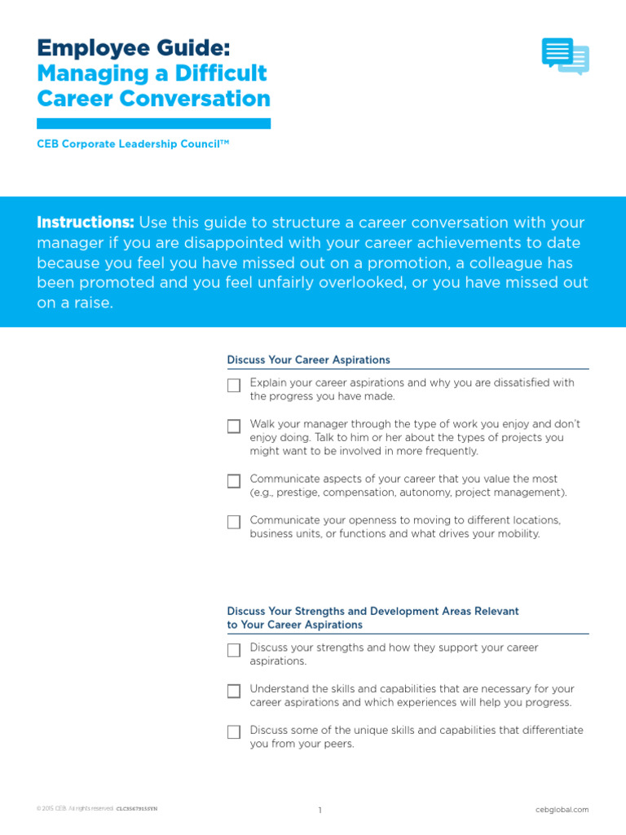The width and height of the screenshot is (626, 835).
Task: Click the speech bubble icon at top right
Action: click(x=565, y=56)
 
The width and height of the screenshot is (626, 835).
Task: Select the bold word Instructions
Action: click(x=86, y=223)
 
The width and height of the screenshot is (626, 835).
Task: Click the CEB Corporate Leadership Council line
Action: click(x=133, y=144)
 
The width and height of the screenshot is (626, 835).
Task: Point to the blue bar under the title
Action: click(x=153, y=123)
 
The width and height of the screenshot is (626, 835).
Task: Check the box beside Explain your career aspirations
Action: click(x=234, y=385)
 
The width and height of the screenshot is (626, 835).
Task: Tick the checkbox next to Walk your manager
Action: click(x=234, y=426)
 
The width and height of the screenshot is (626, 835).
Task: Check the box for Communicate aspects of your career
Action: click(x=234, y=481)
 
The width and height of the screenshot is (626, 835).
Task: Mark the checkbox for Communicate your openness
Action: click(x=234, y=522)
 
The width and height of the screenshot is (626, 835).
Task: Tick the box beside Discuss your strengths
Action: click(x=234, y=650)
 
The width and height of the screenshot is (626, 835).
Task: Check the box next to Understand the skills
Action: click(x=234, y=691)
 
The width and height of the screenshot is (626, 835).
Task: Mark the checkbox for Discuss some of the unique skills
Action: click(x=234, y=731)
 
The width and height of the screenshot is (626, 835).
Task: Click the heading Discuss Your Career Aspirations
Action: click(x=308, y=360)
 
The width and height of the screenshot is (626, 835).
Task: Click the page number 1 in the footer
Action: click(x=320, y=810)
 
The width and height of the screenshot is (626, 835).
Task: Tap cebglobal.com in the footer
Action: click(x=562, y=810)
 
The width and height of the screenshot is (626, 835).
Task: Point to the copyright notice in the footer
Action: click(x=96, y=809)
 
